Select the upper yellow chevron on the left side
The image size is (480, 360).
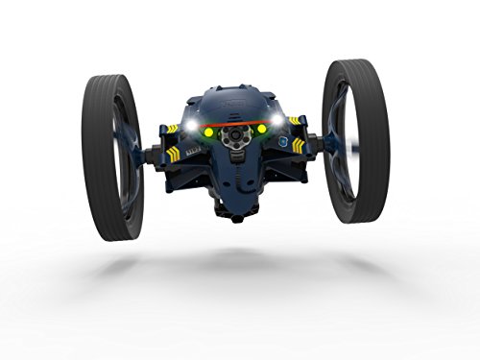click(172, 129)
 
